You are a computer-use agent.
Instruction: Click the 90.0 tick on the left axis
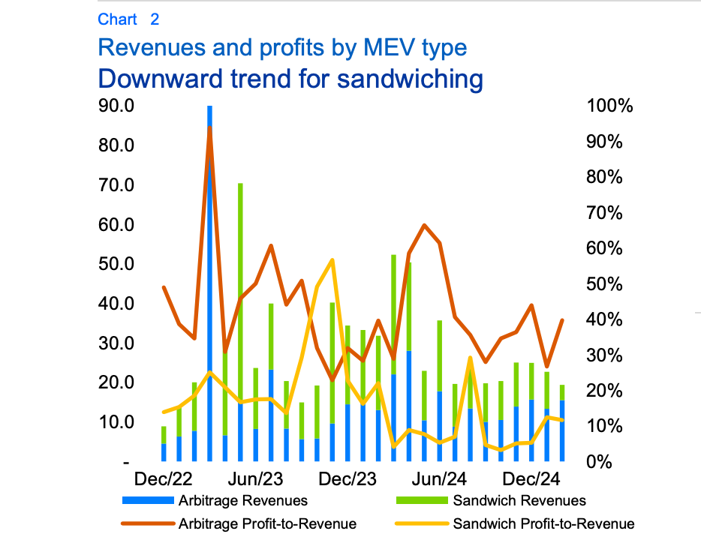pyautogui.click(x=116, y=106)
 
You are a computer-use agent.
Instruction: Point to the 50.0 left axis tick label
pyautogui.click(x=116, y=264)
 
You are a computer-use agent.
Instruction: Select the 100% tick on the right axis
pyautogui.click(x=610, y=106)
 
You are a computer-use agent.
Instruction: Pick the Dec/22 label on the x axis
pyautogui.click(x=164, y=479)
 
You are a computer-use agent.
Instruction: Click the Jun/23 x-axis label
pyautogui.click(x=256, y=479)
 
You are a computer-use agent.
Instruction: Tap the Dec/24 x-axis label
pyautogui.click(x=534, y=479)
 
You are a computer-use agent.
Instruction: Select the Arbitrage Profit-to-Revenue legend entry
pyautogui.click(x=266, y=523)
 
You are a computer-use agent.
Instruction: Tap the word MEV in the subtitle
pyautogui.click(x=378, y=48)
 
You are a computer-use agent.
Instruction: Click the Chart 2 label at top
pyautogui.click(x=128, y=19)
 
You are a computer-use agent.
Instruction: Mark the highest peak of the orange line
pyautogui.click(x=209, y=127)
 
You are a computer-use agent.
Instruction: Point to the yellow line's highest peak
pyautogui.click(x=332, y=260)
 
